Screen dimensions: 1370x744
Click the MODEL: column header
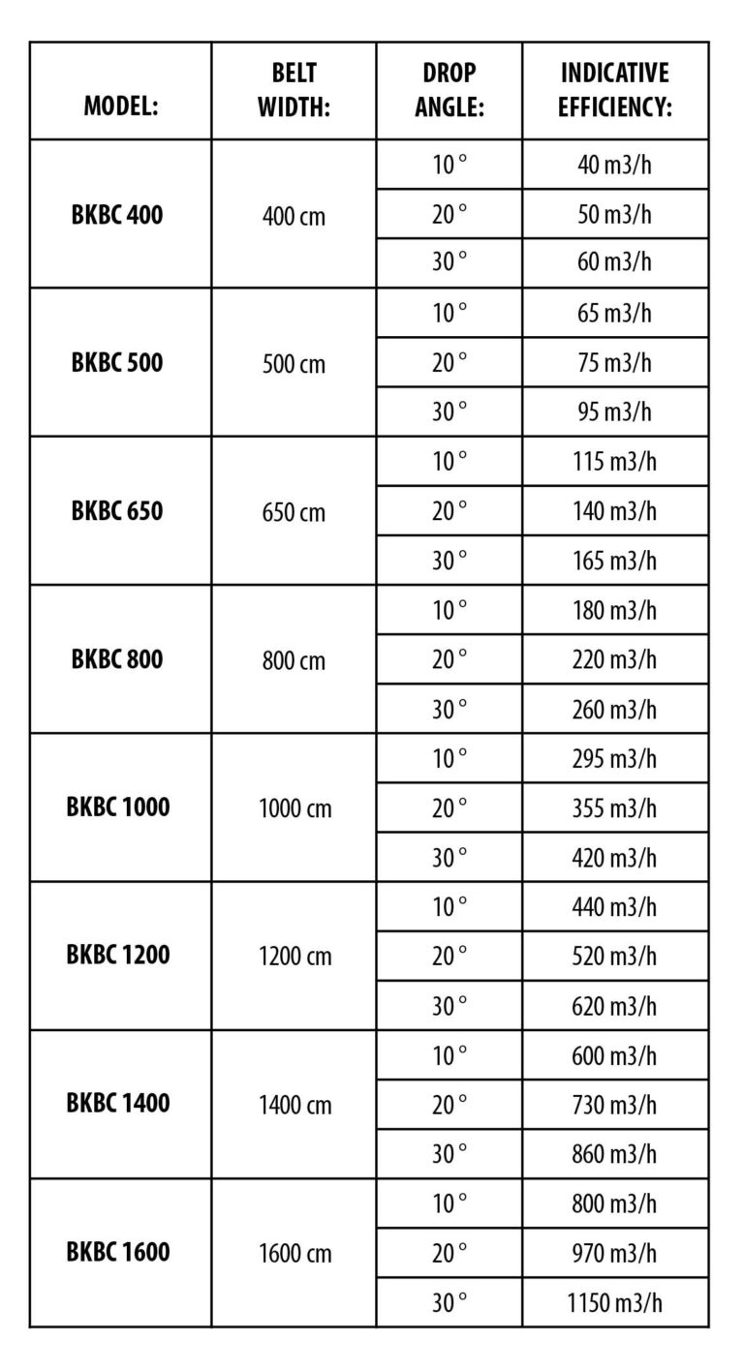pyautogui.click(x=121, y=106)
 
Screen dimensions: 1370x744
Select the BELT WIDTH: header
pyautogui.click(x=294, y=90)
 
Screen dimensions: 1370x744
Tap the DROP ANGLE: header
pyautogui.click(x=449, y=90)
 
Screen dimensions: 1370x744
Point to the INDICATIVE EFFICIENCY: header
pyautogui.click(x=615, y=90)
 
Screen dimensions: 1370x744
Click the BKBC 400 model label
pyautogui.click(x=117, y=214)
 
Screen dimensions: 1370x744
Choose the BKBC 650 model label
pyautogui.click(x=117, y=510)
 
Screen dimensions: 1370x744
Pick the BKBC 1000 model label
pyautogui.click(x=117, y=807)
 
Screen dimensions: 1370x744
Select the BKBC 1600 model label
pyautogui.click(x=117, y=1252)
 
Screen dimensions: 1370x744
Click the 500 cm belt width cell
pyautogui.click(x=294, y=364)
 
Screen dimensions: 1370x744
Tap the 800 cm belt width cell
pyautogui.click(x=294, y=660)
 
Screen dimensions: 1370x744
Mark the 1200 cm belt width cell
pyautogui.click(x=294, y=957)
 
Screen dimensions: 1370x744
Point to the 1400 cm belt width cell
pyautogui.click(x=294, y=1105)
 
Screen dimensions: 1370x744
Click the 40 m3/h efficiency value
pyautogui.click(x=614, y=165)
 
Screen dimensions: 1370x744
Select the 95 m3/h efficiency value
pyautogui.click(x=614, y=411)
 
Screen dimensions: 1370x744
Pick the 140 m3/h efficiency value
pyautogui.click(x=614, y=510)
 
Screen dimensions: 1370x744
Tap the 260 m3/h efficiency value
pyautogui.click(x=614, y=709)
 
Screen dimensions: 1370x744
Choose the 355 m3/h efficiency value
pyautogui.click(x=614, y=807)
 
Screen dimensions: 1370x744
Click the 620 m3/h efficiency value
pyautogui.click(x=614, y=1005)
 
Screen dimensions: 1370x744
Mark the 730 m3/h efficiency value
pyautogui.click(x=614, y=1104)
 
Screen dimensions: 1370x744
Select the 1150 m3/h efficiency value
pyautogui.click(x=614, y=1301)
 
